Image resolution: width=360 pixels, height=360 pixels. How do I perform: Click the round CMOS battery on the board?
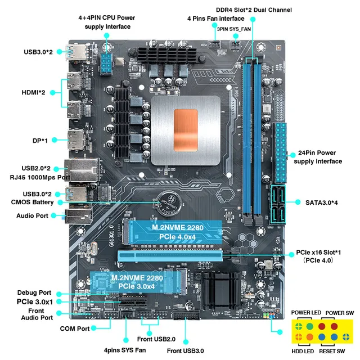click(x=167, y=201)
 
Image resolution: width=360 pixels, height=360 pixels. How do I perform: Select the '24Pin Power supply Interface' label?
click(x=318, y=157)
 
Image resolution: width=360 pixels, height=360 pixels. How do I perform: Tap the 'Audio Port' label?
click(x=33, y=215)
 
